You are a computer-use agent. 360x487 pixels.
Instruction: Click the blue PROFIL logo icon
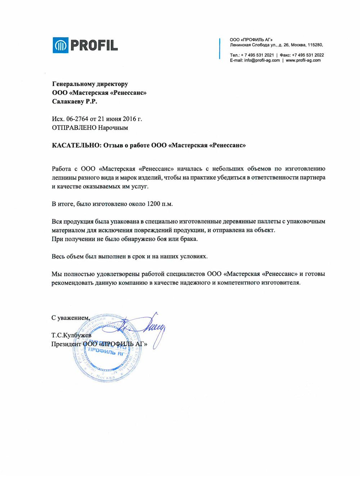point(60,45)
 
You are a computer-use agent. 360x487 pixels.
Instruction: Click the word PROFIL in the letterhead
point(94,45)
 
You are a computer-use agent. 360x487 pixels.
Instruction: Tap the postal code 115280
point(315,45)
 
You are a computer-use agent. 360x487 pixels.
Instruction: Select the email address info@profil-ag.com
point(262,60)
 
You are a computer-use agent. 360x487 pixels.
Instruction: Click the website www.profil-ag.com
point(303,60)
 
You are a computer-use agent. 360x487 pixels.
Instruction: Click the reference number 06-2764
point(77,119)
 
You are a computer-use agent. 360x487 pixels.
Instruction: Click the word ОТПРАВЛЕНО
point(75,128)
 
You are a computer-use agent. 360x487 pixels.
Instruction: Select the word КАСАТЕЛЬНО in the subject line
point(76,145)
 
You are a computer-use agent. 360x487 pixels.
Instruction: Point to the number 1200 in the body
point(153,204)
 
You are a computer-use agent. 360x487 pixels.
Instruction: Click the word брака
point(189,239)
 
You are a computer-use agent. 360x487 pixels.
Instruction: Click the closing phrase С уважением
point(70,318)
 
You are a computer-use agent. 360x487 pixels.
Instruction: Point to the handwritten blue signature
point(148,326)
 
